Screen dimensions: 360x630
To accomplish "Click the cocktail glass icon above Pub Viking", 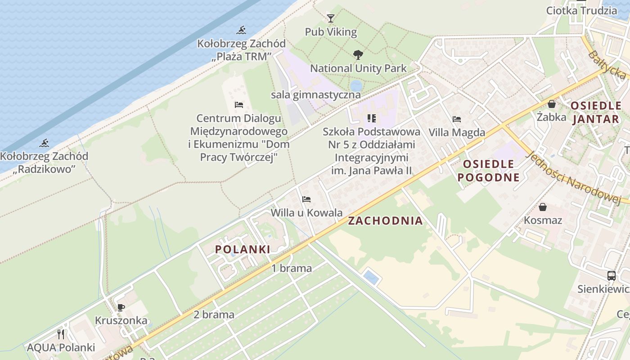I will point(331,18).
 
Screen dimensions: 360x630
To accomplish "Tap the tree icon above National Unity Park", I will point(358,55).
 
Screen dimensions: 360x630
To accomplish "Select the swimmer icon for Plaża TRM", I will point(242,31).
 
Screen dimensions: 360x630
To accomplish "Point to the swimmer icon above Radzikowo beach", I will point(44,144).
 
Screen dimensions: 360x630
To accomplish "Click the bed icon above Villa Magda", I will point(457,119).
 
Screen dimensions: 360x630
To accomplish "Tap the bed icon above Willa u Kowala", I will point(306,199).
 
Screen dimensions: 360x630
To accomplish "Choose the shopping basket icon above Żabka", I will point(552,104).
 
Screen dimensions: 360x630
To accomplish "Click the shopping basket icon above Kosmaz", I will point(543,207).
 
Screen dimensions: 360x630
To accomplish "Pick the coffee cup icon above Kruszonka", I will point(121,307).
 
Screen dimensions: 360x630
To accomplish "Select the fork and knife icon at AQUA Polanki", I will point(61,334).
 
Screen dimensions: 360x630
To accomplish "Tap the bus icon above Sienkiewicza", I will point(611,276).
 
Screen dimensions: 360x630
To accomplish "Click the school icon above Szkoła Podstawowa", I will point(371,118).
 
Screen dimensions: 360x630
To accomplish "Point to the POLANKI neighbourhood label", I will point(243,249).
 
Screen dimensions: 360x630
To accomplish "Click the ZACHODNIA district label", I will point(385,220).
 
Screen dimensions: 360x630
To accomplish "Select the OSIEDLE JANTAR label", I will point(596,112).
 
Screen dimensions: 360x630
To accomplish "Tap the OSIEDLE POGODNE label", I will point(488,171).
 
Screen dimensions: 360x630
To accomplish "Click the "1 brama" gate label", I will point(292,269).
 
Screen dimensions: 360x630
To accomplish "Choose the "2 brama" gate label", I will point(214,315).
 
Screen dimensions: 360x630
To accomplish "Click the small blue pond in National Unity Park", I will point(356,85).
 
